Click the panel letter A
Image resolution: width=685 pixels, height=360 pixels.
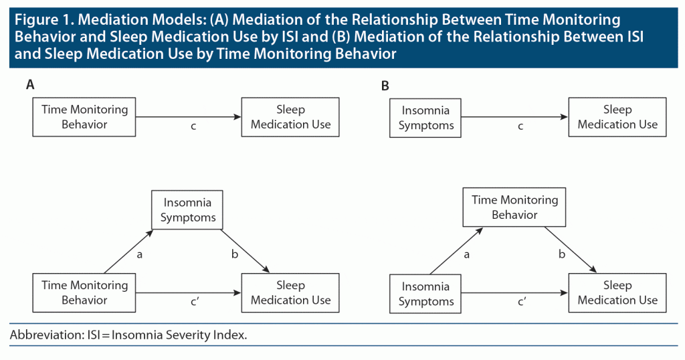[30, 84]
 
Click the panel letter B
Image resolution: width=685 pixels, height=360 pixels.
[385, 86]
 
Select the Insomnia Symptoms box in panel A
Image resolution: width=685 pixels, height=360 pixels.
[187, 209]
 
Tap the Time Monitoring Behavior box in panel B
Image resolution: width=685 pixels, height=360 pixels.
[514, 207]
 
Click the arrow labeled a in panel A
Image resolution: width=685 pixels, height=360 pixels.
[128, 252]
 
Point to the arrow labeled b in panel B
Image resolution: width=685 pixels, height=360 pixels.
[571, 250]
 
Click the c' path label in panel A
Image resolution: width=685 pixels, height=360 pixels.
[195, 302]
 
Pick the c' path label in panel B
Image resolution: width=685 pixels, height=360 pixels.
[522, 302]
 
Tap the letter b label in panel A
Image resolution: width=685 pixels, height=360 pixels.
[235, 254]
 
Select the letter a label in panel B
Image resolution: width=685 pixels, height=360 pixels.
[466, 255]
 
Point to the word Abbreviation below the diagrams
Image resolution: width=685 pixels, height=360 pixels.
[45, 335]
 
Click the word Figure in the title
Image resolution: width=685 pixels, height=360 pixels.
[37, 20]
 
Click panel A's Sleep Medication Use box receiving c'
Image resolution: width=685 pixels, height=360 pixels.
[290, 292]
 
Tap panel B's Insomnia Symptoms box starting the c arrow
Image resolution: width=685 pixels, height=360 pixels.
[425, 118]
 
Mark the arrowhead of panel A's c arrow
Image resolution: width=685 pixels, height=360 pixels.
[237, 116]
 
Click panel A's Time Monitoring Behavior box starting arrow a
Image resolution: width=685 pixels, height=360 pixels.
[84, 292]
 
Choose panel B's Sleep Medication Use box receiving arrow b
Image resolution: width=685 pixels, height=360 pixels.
[617, 292]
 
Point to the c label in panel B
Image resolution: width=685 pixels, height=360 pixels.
[520, 126]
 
